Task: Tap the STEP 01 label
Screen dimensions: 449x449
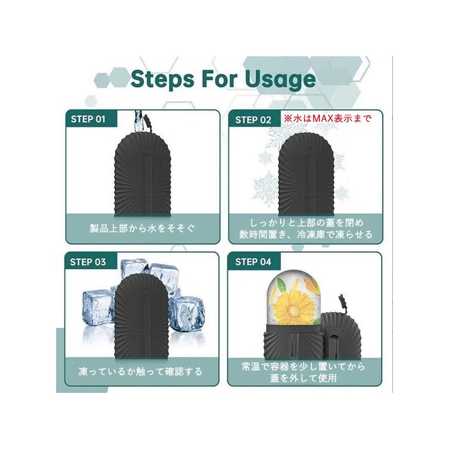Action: [x=89, y=119]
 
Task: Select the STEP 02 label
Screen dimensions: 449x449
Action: [x=253, y=119]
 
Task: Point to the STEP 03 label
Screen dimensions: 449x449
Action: [x=89, y=262]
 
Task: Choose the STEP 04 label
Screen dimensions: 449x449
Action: [x=253, y=262]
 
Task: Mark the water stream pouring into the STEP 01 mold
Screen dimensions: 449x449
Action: [x=137, y=121]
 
